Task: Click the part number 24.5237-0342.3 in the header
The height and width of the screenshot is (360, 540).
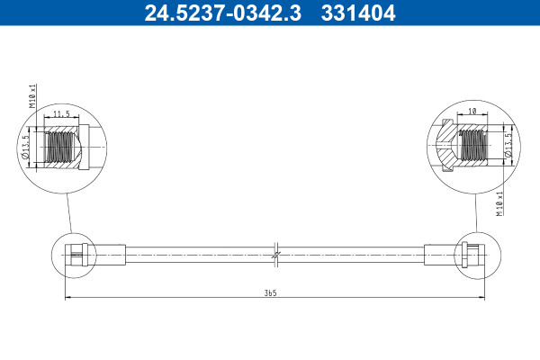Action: (223, 13)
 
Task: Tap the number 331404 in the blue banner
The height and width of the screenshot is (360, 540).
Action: (358, 13)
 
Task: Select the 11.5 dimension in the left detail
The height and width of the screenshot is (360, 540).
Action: (61, 113)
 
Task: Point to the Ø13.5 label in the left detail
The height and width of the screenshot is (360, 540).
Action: (25, 147)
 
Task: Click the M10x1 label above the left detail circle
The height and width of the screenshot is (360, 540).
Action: (32, 96)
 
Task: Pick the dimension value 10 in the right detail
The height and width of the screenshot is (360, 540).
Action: (472, 111)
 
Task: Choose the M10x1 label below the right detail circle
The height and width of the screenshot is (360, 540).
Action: (499, 203)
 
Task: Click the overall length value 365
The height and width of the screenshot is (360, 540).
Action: (270, 293)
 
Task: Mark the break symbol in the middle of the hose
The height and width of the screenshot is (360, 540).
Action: (276, 255)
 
